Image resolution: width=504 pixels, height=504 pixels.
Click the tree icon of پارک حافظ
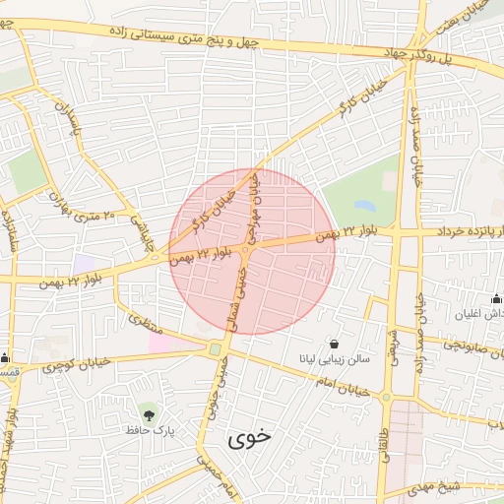[x=149, y=412]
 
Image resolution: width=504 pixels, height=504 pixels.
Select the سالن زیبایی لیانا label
[x=336, y=360]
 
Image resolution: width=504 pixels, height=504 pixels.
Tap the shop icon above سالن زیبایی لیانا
[x=337, y=345]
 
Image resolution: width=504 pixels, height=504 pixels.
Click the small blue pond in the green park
[x=365, y=207]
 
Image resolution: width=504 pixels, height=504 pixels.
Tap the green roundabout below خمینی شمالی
[x=215, y=348]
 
